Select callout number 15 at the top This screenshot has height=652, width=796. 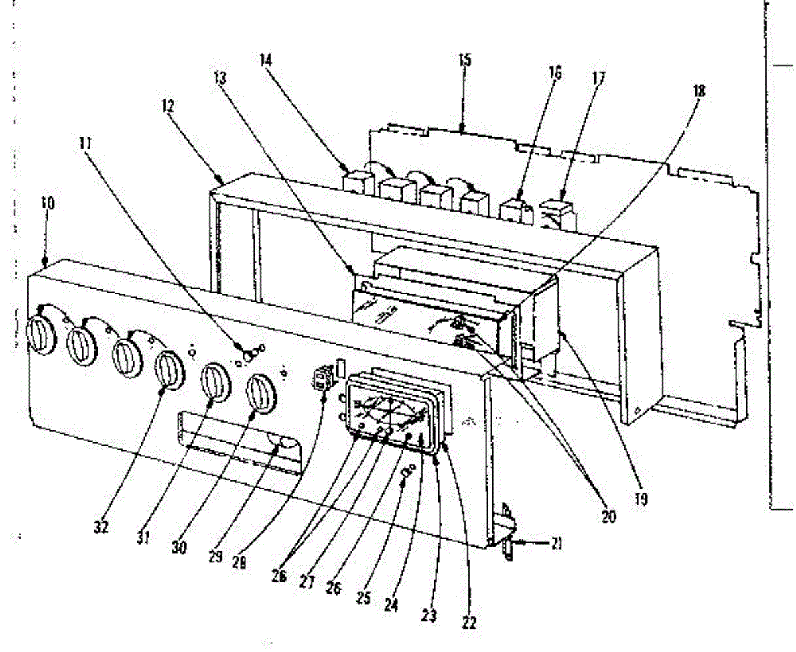(x=464, y=60)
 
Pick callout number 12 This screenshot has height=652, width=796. (x=168, y=104)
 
